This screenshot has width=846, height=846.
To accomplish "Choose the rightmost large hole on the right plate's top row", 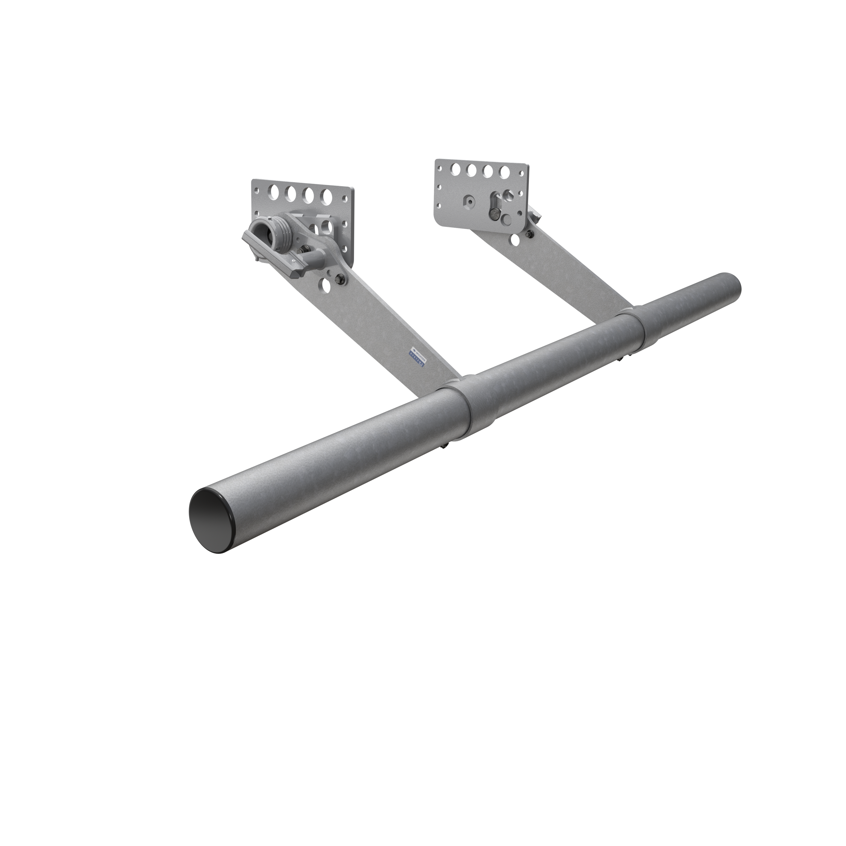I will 502,169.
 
